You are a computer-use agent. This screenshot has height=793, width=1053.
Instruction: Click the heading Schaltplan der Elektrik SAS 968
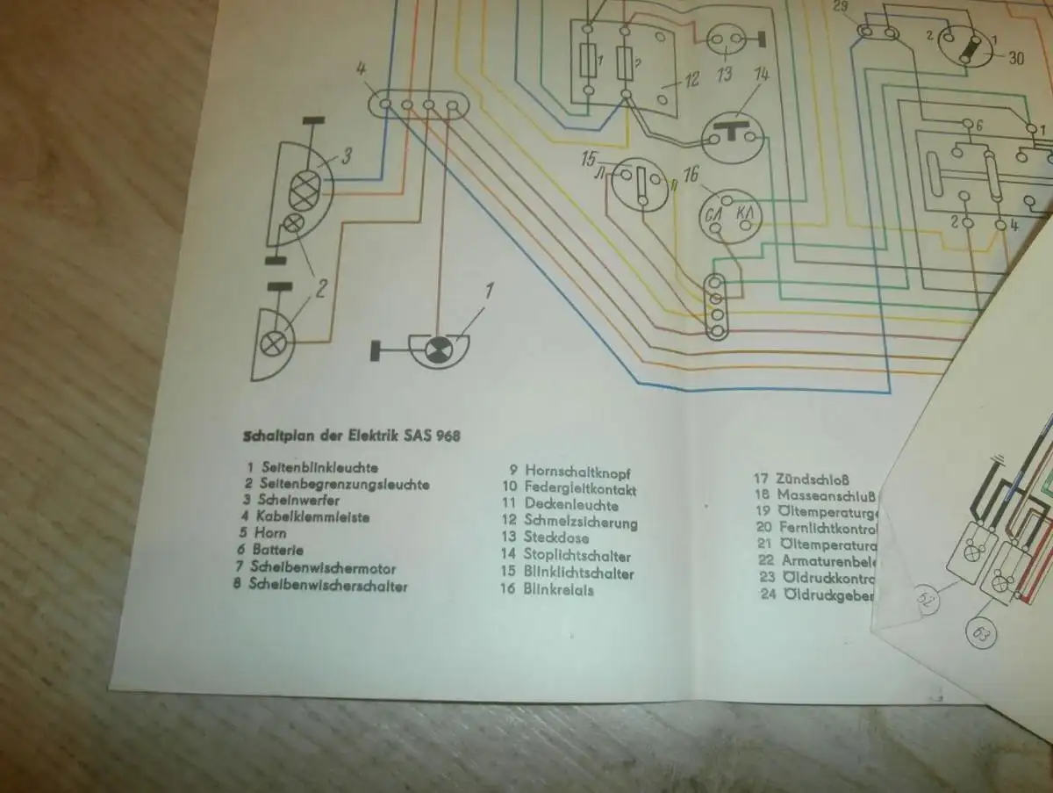(351, 435)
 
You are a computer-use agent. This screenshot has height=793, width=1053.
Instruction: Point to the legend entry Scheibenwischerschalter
(330, 585)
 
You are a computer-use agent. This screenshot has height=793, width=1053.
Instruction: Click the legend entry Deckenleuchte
(571, 505)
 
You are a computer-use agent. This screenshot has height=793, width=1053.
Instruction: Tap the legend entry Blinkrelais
(559, 590)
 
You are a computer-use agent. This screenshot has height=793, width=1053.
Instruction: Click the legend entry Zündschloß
(812, 479)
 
